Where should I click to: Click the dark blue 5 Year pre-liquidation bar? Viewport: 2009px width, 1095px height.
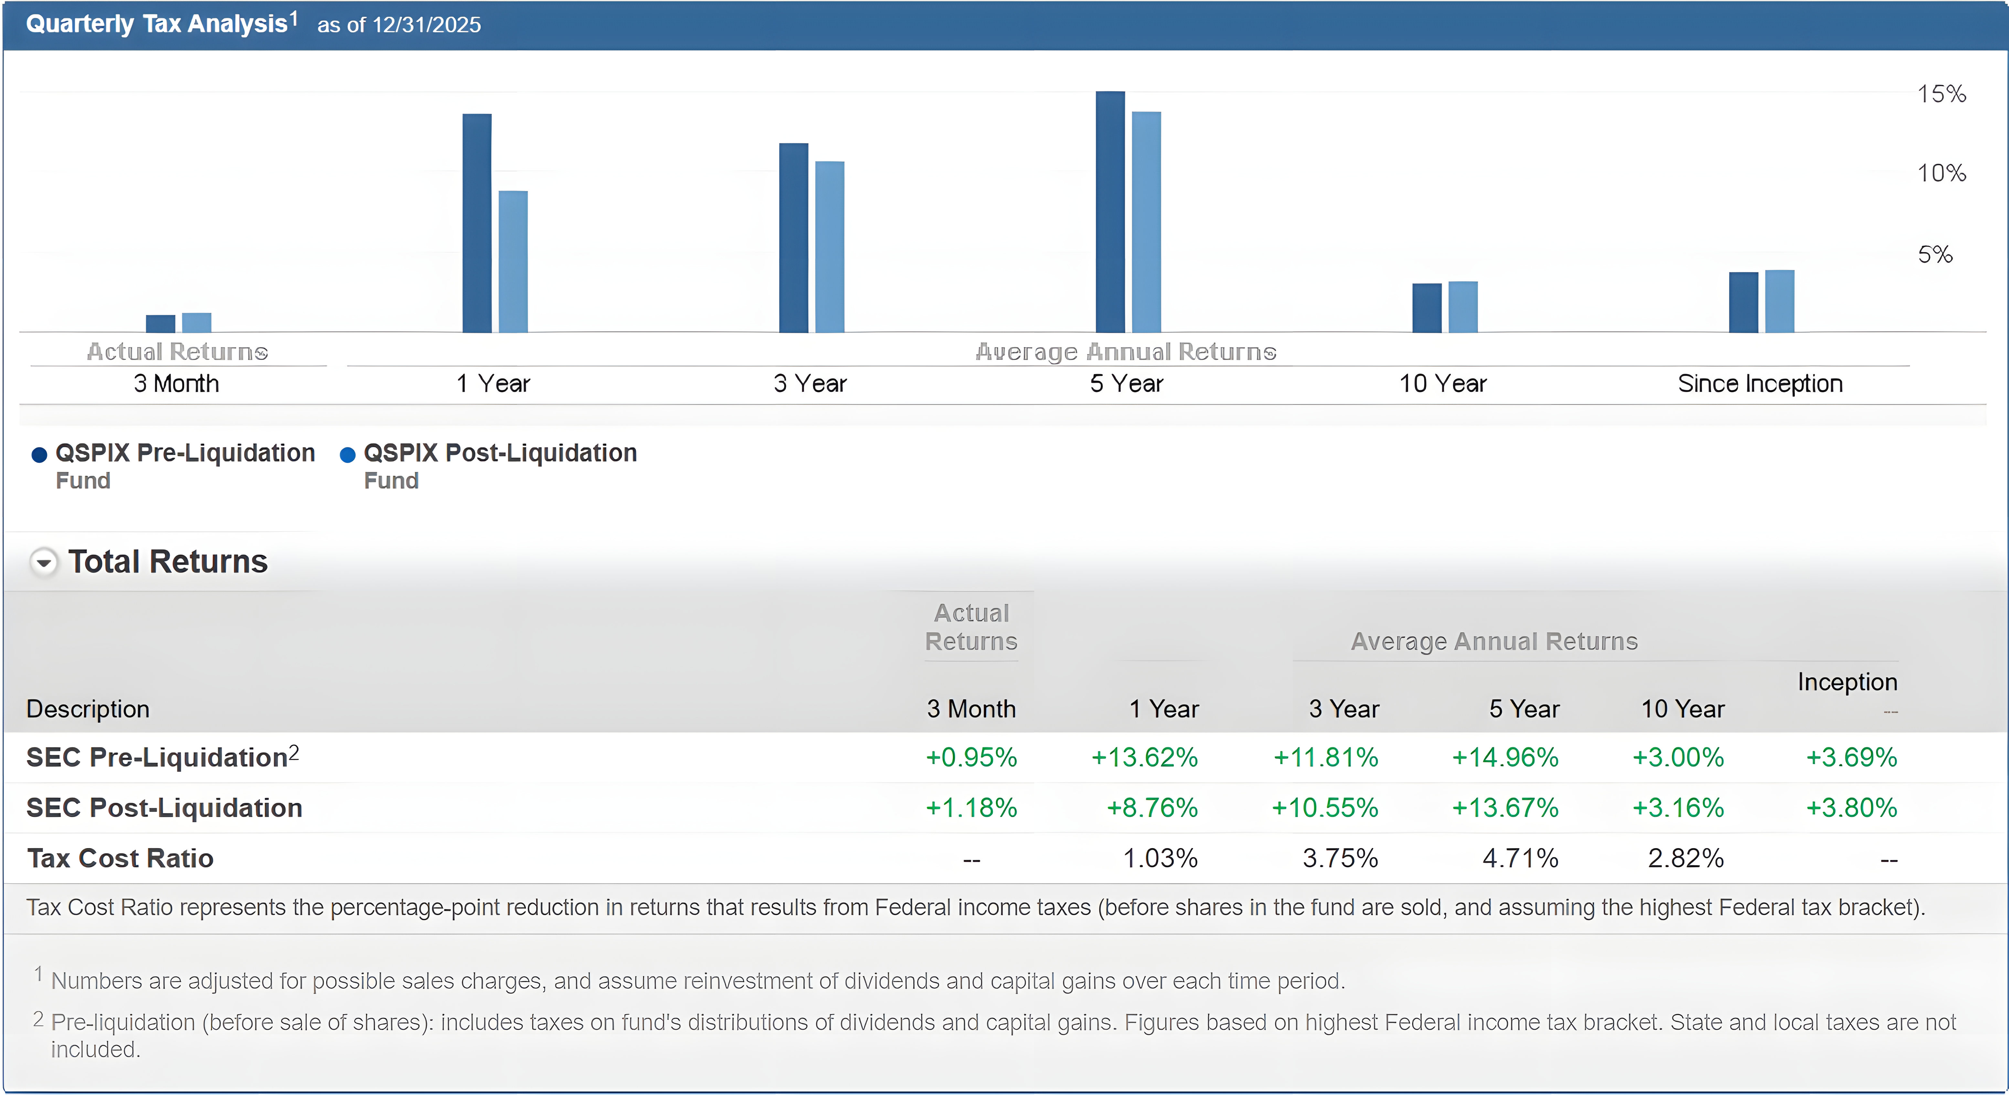[1110, 212]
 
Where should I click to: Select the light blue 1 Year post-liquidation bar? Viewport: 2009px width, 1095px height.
[513, 262]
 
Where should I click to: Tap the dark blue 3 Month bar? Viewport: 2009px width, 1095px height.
[161, 324]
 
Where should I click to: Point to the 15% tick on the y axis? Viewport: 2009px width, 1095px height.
[1941, 94]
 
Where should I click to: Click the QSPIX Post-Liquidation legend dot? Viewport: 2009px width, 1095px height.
[348, 455]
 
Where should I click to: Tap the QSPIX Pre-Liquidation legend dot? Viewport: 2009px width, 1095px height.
[39, 455]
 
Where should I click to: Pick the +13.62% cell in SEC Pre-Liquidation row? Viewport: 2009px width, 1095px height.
[1144, 757]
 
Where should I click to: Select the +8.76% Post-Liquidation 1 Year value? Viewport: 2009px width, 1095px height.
[1152, 808]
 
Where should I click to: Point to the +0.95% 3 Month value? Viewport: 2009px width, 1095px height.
[971, 757]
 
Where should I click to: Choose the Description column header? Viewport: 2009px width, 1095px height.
[87, 709]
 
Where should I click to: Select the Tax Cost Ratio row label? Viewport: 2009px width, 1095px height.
[120, 859]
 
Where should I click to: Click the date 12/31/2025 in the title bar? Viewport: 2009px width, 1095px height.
[426, 25]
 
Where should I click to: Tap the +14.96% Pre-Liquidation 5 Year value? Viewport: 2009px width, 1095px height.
[1504, 757]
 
